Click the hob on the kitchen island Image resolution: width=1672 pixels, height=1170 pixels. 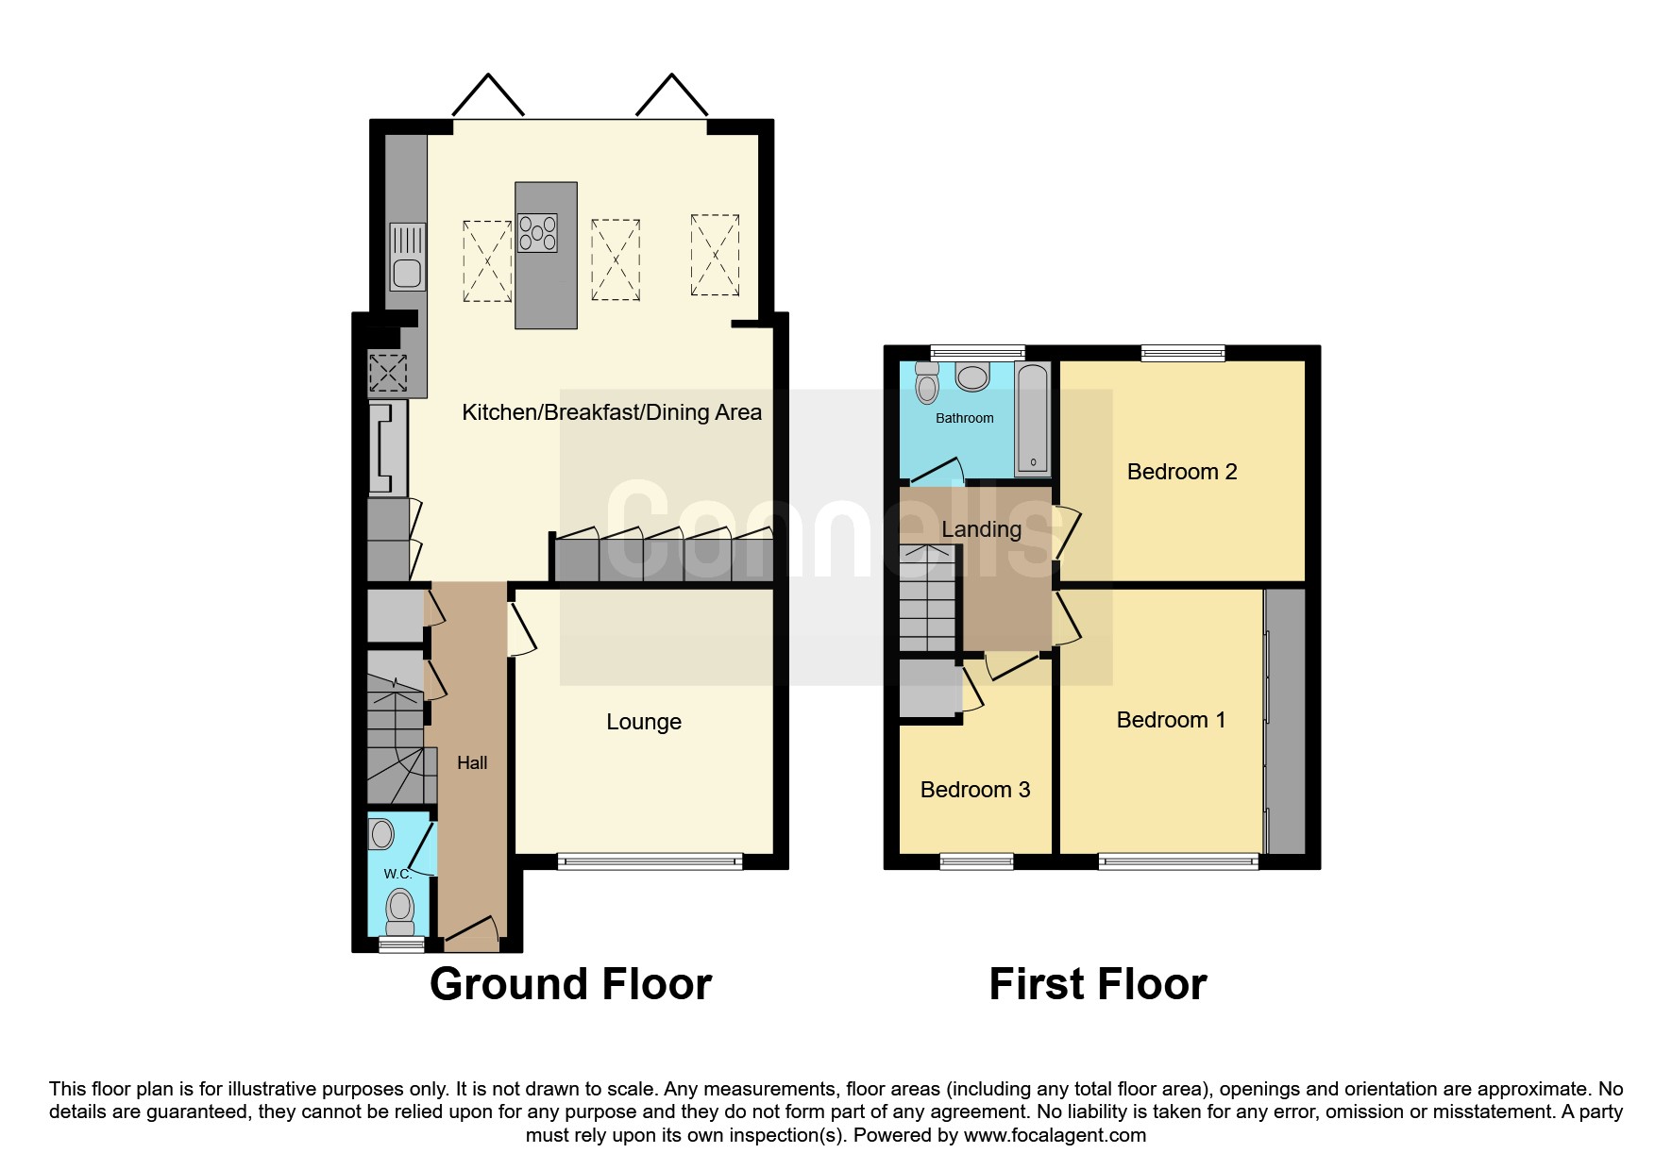click(x=537, y=233)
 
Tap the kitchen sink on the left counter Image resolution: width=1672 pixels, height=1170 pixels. click(x=408, y=257)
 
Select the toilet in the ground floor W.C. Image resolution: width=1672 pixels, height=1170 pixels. click(x=400, y=911)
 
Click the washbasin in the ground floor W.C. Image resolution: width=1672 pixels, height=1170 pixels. click(x=381, y=834)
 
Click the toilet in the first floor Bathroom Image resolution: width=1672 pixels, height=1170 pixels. click(x=928, y=383)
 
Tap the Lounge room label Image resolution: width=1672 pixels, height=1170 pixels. click(x=644, y=722)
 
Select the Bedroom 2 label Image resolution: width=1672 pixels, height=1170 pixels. click(x=1182, y=472)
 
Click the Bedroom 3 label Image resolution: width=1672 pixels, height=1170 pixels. click(x=975, y=790)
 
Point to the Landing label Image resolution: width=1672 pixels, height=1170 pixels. click(x=982, y=529)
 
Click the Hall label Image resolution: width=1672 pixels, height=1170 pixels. click(x=472, y=762)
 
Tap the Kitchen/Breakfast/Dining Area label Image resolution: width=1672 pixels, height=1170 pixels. click(x=612, y=412)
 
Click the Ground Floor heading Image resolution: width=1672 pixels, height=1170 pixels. click(x=570, y=984)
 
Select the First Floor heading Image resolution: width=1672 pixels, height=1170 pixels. click(x=1098, y=984)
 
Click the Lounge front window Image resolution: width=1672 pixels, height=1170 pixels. click(x=650, y=861)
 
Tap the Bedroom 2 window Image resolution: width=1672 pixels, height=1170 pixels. click(x=1183, y=354)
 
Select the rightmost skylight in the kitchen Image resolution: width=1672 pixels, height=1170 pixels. click(x=715, y=255)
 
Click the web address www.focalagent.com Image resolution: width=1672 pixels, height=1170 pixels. click(x=1055, y=1135)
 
